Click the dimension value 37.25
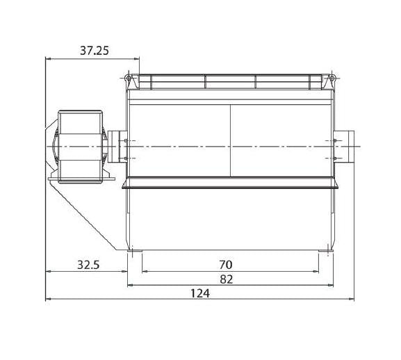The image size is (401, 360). point(95,51)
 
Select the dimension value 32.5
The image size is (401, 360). point(88,265)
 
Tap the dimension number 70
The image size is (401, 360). point(226,265)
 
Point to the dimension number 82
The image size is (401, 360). point(227,279)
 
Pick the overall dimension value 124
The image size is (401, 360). point(200,293)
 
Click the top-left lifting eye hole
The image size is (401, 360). point(128,78)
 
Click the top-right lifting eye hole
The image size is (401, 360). point(332,78)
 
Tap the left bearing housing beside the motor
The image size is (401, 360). point(117,147)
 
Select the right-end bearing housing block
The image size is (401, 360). point(344,147)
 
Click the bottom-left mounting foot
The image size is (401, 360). point(135,251)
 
